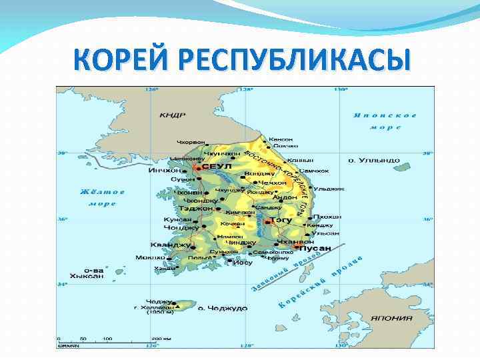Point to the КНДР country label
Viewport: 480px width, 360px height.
172,115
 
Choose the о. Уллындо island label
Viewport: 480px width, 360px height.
374,161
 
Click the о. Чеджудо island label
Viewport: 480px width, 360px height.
227,308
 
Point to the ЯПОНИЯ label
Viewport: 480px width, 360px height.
392,318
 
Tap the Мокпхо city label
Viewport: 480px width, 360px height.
149,257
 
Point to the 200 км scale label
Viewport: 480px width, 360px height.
161,339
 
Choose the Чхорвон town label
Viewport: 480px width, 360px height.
191,142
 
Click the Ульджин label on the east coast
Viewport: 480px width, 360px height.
329,189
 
